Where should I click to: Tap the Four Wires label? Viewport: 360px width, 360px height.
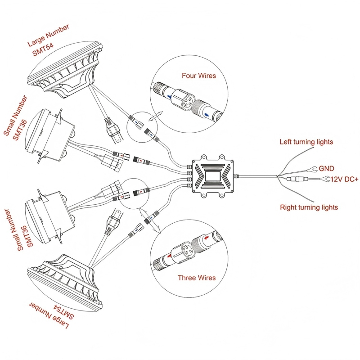point(198,76)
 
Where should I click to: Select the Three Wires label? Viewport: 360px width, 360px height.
point(196,278)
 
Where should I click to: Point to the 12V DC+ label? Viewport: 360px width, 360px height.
point(345,179)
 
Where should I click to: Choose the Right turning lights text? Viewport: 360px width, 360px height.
point(309,207)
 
